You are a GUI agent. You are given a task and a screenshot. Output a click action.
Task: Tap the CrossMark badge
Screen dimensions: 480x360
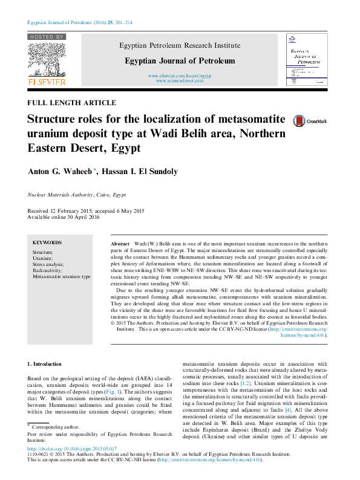pos(309,122)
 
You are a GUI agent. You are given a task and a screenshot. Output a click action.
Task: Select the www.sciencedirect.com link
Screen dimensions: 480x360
pos(180,80)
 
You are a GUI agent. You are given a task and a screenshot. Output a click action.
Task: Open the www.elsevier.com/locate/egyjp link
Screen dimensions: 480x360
pos(180,76)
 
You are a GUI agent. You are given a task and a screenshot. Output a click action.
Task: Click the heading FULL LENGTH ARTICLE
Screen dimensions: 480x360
pos(72,103)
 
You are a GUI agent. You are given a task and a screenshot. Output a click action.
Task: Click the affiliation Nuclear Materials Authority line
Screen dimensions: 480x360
pos(77,195)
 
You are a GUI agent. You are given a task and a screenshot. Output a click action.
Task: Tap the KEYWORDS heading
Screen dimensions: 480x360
pos(47,241)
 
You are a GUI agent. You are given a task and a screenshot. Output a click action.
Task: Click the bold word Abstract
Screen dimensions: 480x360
pos(120,242)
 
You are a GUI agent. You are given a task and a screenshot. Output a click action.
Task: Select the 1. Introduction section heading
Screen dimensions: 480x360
pos(45,365)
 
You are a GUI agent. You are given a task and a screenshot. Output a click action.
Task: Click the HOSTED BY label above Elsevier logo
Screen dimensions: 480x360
pos(46,37)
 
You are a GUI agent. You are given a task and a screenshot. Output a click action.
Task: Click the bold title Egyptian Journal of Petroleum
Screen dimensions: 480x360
pos(180,60)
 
